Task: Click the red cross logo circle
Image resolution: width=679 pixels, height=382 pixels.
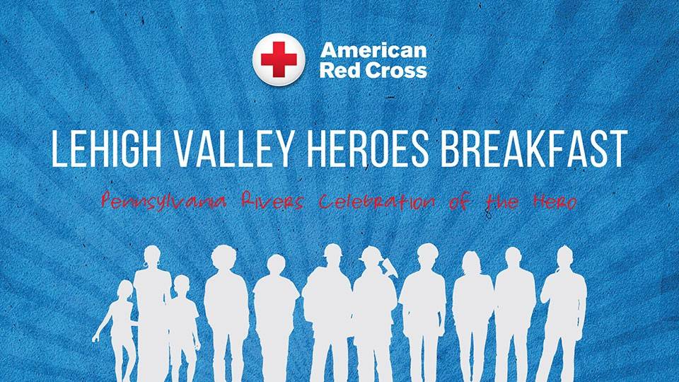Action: [279, 59]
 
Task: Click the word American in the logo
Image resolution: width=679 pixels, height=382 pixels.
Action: [373, 50]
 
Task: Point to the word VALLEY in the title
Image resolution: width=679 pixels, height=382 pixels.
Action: [234, 148]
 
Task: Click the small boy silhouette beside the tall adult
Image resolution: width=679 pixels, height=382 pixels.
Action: [182, 328]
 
